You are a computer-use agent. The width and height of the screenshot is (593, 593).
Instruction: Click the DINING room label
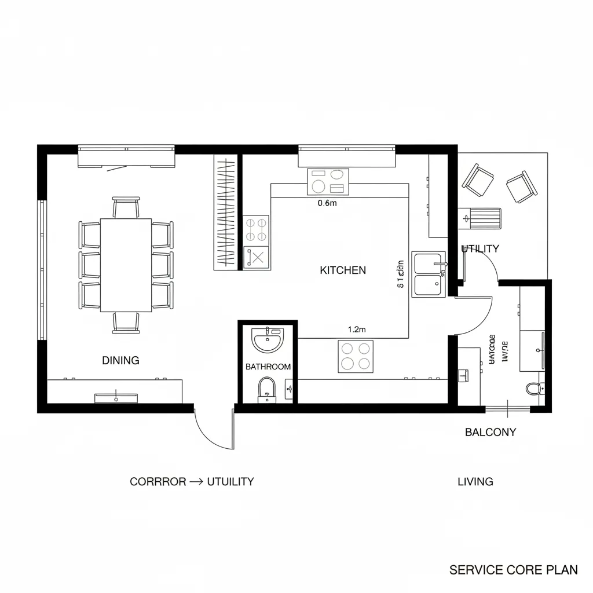click(x=120, y=360)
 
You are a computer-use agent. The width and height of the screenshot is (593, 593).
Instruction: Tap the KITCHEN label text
click(x=343, y=270)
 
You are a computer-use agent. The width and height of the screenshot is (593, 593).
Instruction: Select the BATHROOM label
click(x=268, y=367)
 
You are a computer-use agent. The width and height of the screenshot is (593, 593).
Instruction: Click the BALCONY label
click(x=490, y=432)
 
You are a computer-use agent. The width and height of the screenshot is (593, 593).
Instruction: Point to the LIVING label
click(x=475, y=481)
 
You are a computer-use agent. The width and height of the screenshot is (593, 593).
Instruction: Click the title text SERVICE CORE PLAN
click(x=514, y=570)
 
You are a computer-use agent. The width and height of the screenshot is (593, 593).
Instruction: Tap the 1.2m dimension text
click(x=357, y=330)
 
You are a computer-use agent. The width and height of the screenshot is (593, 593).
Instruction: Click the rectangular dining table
click(x=126, y=265)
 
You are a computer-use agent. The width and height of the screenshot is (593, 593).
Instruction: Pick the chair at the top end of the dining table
click(x=126, y=207)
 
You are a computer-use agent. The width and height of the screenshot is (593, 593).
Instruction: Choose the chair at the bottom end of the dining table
click(x=126, y=323)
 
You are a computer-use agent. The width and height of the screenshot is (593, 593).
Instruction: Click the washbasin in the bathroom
click(x=268, y=339)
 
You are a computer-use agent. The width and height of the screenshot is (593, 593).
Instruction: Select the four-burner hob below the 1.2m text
click(x=356, y=356)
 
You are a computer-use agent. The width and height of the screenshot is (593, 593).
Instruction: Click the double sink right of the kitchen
click(x=429, y=274)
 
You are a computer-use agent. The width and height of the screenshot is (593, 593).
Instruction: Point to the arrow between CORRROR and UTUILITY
click(x=196, y=482)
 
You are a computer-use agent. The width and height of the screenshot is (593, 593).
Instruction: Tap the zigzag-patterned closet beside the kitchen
click(x=225, y=212)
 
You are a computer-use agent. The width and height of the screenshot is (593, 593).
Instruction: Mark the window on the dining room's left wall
click(x=41, y=270)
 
